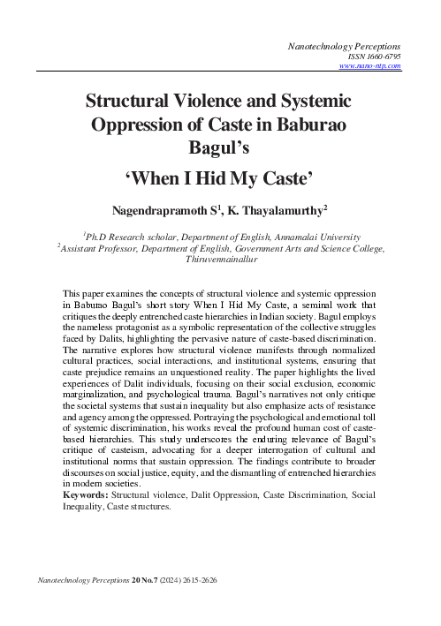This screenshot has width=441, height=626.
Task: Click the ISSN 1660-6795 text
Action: coord(376,54)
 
